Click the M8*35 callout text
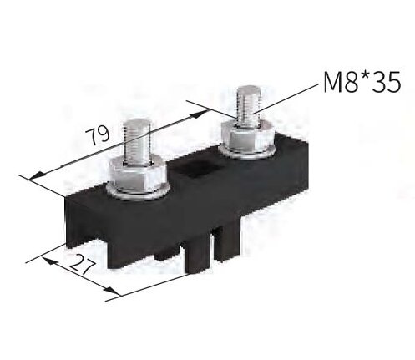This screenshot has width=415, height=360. (x=362, y=82)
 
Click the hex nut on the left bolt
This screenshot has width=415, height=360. (x=135, y=175)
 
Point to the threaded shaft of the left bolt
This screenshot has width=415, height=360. (x=137, y=142)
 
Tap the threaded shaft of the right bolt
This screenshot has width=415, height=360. (x=248, y=107)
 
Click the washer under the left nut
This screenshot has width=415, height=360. (x=136, y=194)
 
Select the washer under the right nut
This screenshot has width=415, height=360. (x=247, y=154)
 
